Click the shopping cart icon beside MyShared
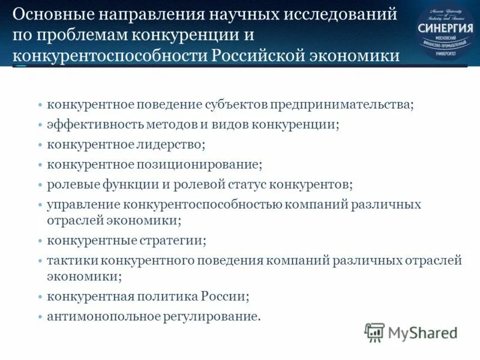tap(374, 332)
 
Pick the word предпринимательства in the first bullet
tap(341, 104)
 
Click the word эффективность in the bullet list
tap(89, 125)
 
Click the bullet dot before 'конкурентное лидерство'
tap(40, 145)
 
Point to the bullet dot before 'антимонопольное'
tap(40, 316)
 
